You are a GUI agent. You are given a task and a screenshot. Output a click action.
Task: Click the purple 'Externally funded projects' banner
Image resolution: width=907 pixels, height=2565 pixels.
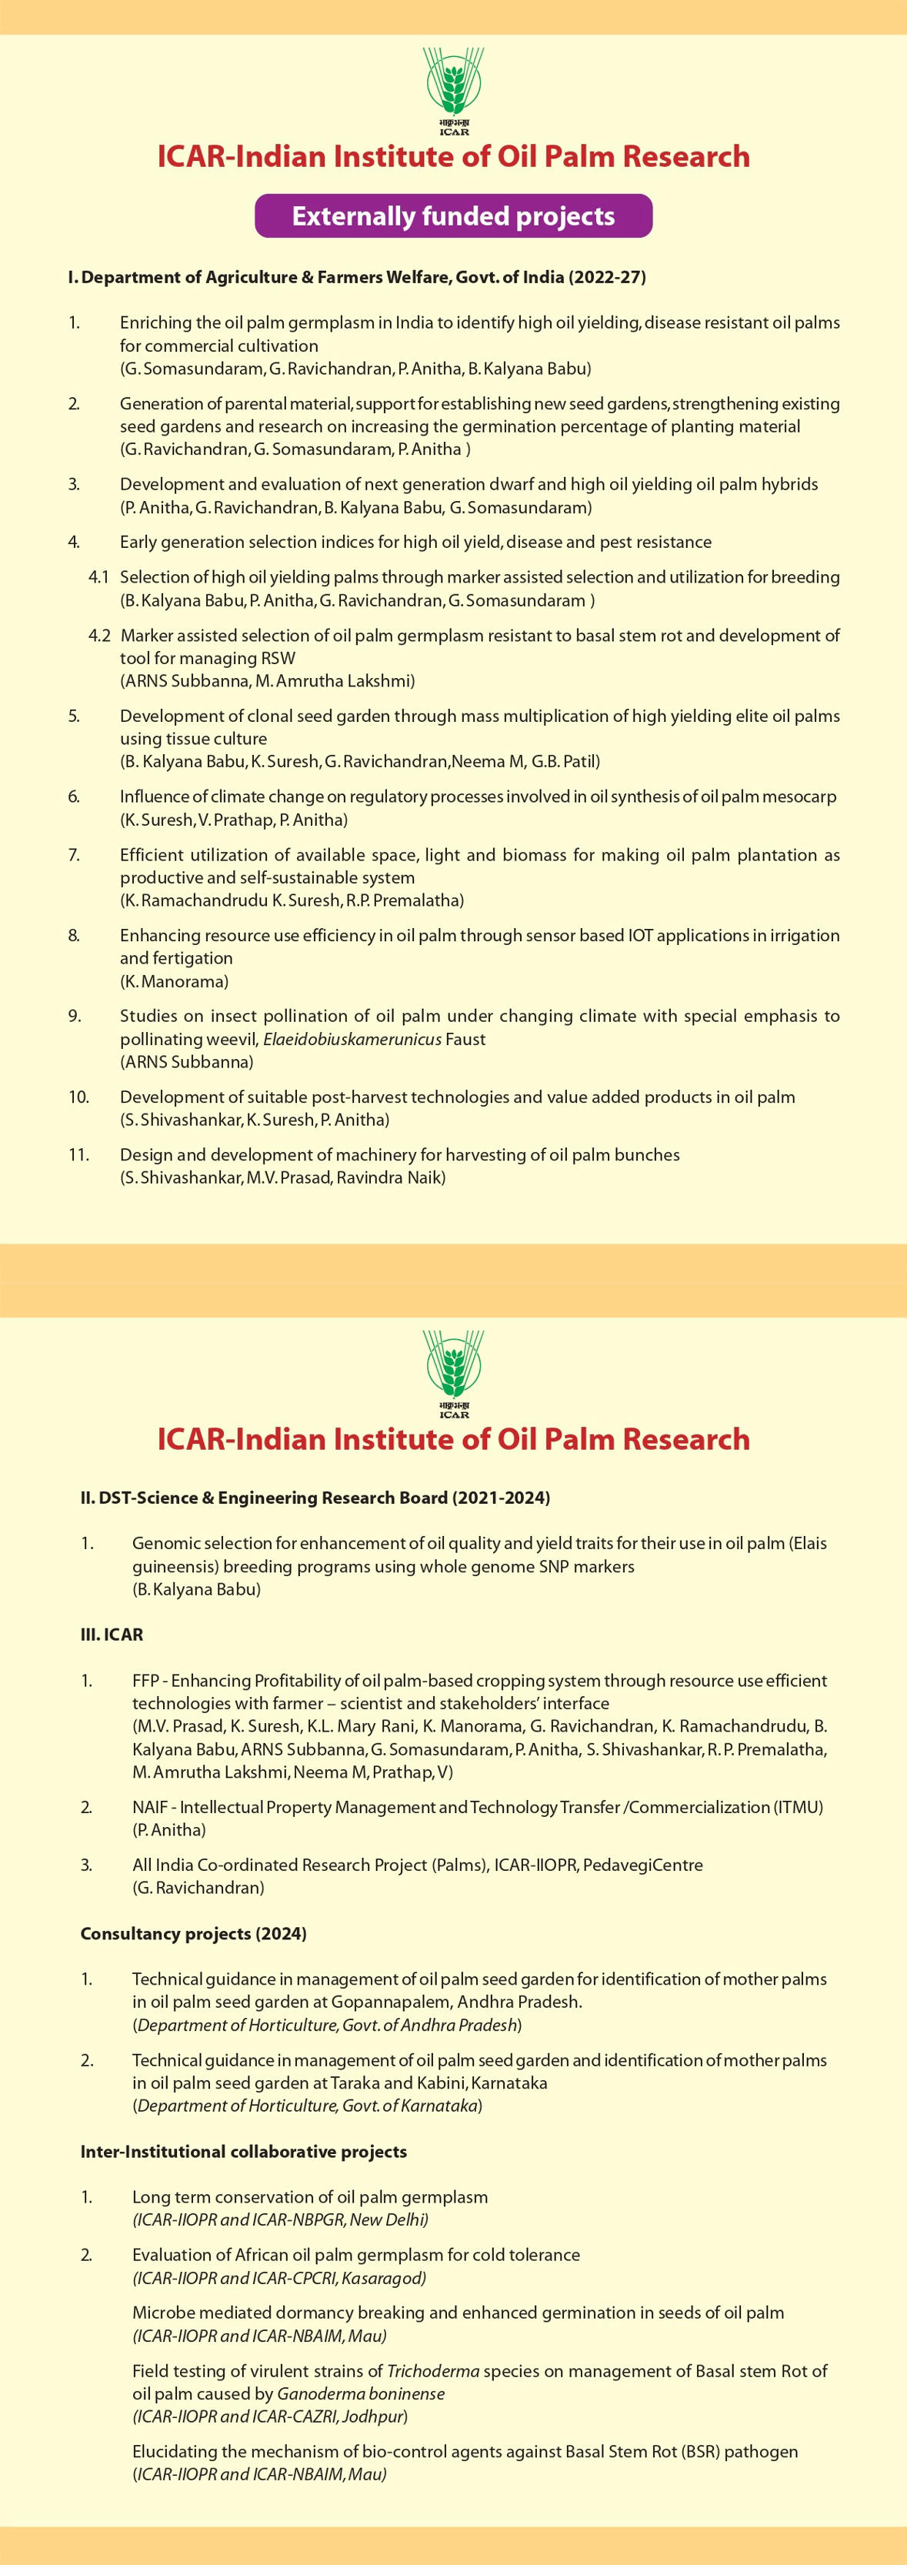tap(453, 216)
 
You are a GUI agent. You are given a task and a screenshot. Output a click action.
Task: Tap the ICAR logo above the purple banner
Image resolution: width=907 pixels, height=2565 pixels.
tap(453, 88)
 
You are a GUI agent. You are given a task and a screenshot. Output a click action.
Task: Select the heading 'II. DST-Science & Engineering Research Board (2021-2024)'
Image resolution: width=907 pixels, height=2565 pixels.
tap(315, 1498)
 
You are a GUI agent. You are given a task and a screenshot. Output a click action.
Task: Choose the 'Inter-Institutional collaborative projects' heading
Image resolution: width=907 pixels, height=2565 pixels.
tap(243, 2152)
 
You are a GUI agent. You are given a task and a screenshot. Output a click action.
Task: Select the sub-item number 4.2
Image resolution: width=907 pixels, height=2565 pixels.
tap(98, 635)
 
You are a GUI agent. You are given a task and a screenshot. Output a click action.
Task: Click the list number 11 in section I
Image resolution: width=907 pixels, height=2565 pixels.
tap(78, 1155)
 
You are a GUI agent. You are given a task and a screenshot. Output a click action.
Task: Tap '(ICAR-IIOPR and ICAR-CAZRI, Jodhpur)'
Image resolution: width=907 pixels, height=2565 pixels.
tap(270, 2416)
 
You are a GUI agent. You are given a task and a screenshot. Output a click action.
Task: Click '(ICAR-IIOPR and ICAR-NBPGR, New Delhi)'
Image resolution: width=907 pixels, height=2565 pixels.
tap(280, 2219)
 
